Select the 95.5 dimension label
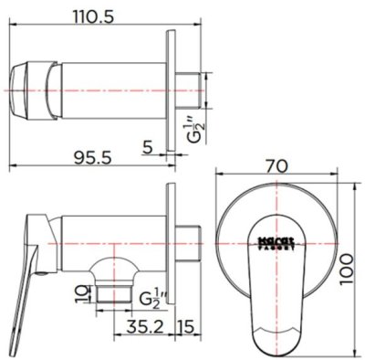(x=87, y=157)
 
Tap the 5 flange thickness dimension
(x=148, y=146)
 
